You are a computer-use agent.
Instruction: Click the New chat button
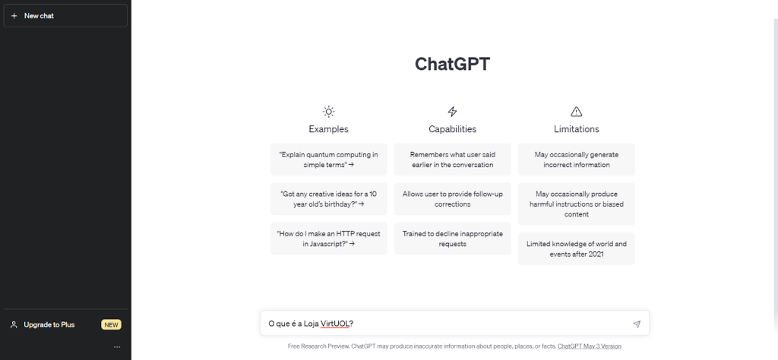pos(65,16)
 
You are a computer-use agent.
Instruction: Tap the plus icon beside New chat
pos(14,16)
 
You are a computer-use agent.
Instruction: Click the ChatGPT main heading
pos(452,64)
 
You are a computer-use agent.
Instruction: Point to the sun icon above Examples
pos(328,112)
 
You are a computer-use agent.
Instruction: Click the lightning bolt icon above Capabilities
pos(453,112)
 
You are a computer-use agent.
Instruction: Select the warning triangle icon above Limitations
pos(576,112)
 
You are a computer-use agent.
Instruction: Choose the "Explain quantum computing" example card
pos(328,159)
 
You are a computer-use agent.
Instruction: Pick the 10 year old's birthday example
pos(328,199)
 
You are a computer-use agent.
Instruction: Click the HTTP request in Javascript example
pos(328,238)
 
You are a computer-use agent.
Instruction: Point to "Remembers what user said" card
pos(453,159)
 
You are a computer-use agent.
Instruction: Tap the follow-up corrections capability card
pos(453,199)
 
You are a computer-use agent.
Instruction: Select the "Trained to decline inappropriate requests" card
pos(453,238)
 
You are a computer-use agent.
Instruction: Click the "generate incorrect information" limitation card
pos(577,159)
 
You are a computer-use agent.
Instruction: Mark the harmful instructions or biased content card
pos(577,204)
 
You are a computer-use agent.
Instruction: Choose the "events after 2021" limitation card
pos(577,249)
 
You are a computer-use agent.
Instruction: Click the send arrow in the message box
pos(637,324)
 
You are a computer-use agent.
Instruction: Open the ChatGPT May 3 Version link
pos(590,346)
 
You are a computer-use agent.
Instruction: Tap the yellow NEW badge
pos(111,325)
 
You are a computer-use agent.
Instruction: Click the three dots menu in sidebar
pos(117,347)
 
